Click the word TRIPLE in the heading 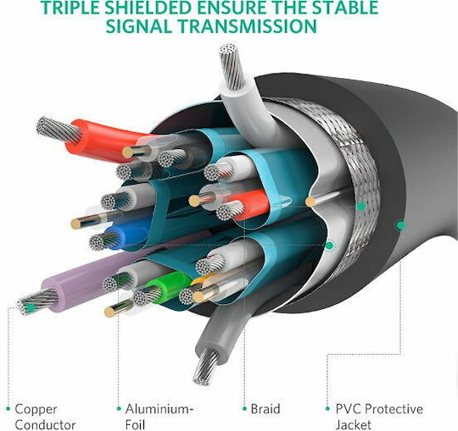click(70, 8)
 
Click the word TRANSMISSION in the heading click(248, 26)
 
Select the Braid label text click(265, 409)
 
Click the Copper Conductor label click(45, 417)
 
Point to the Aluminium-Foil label click(159, 417)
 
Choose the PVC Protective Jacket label click(379, 417)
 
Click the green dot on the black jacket click(400, 225)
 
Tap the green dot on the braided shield click(361, 206)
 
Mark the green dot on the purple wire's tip click(31, 307)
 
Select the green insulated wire click(167, 284)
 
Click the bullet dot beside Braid click(244, 408)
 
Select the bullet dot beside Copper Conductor click(8, 408)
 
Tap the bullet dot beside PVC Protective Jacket click(328, 408)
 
